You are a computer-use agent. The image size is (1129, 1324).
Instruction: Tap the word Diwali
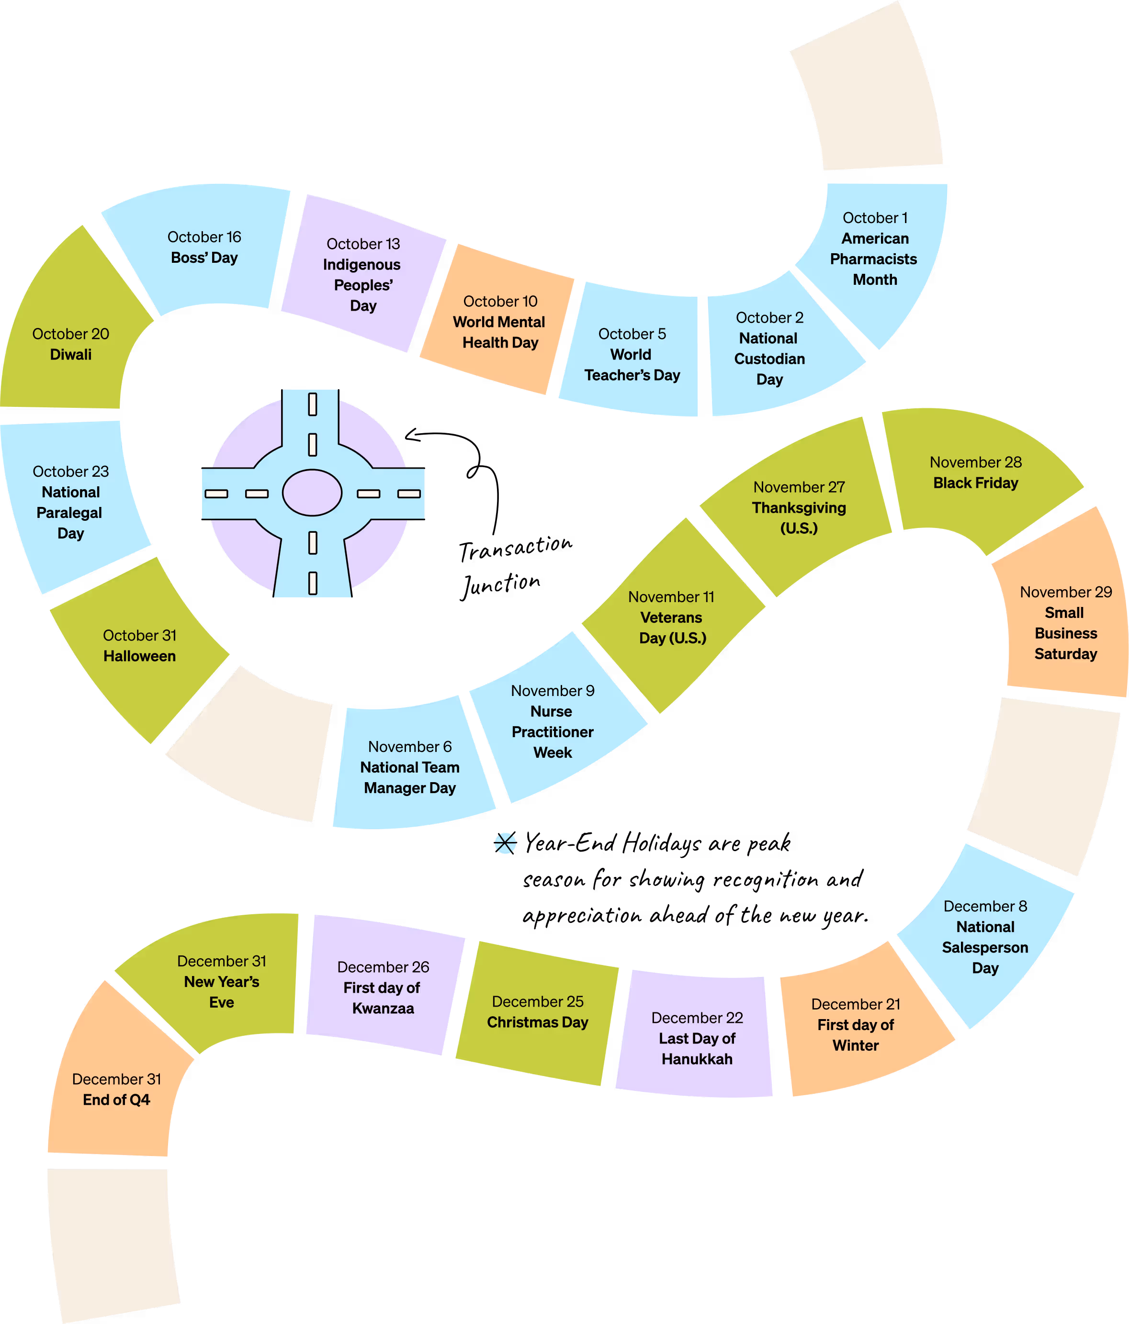[x=71, y=355]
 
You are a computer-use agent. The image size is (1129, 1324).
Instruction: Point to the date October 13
[x=363, y=244]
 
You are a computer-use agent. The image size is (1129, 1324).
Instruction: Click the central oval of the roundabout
[x=312, y=493]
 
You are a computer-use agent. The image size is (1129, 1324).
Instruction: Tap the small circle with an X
[x=505, y=843]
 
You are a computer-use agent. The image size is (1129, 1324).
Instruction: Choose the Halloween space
[x=139, y=647]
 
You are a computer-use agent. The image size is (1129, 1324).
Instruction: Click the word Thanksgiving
[x=799, y=508]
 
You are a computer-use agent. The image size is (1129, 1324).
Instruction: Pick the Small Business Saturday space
[x=1065, y=626]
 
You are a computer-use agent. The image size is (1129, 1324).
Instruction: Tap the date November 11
[x=671, y=597]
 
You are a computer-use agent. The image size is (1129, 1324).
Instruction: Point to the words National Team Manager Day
[x=410, y=778]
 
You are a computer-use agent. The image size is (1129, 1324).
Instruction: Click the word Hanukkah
[x=697, y=1059]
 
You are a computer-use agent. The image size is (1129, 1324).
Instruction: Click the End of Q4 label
[x=116, y=1100]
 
